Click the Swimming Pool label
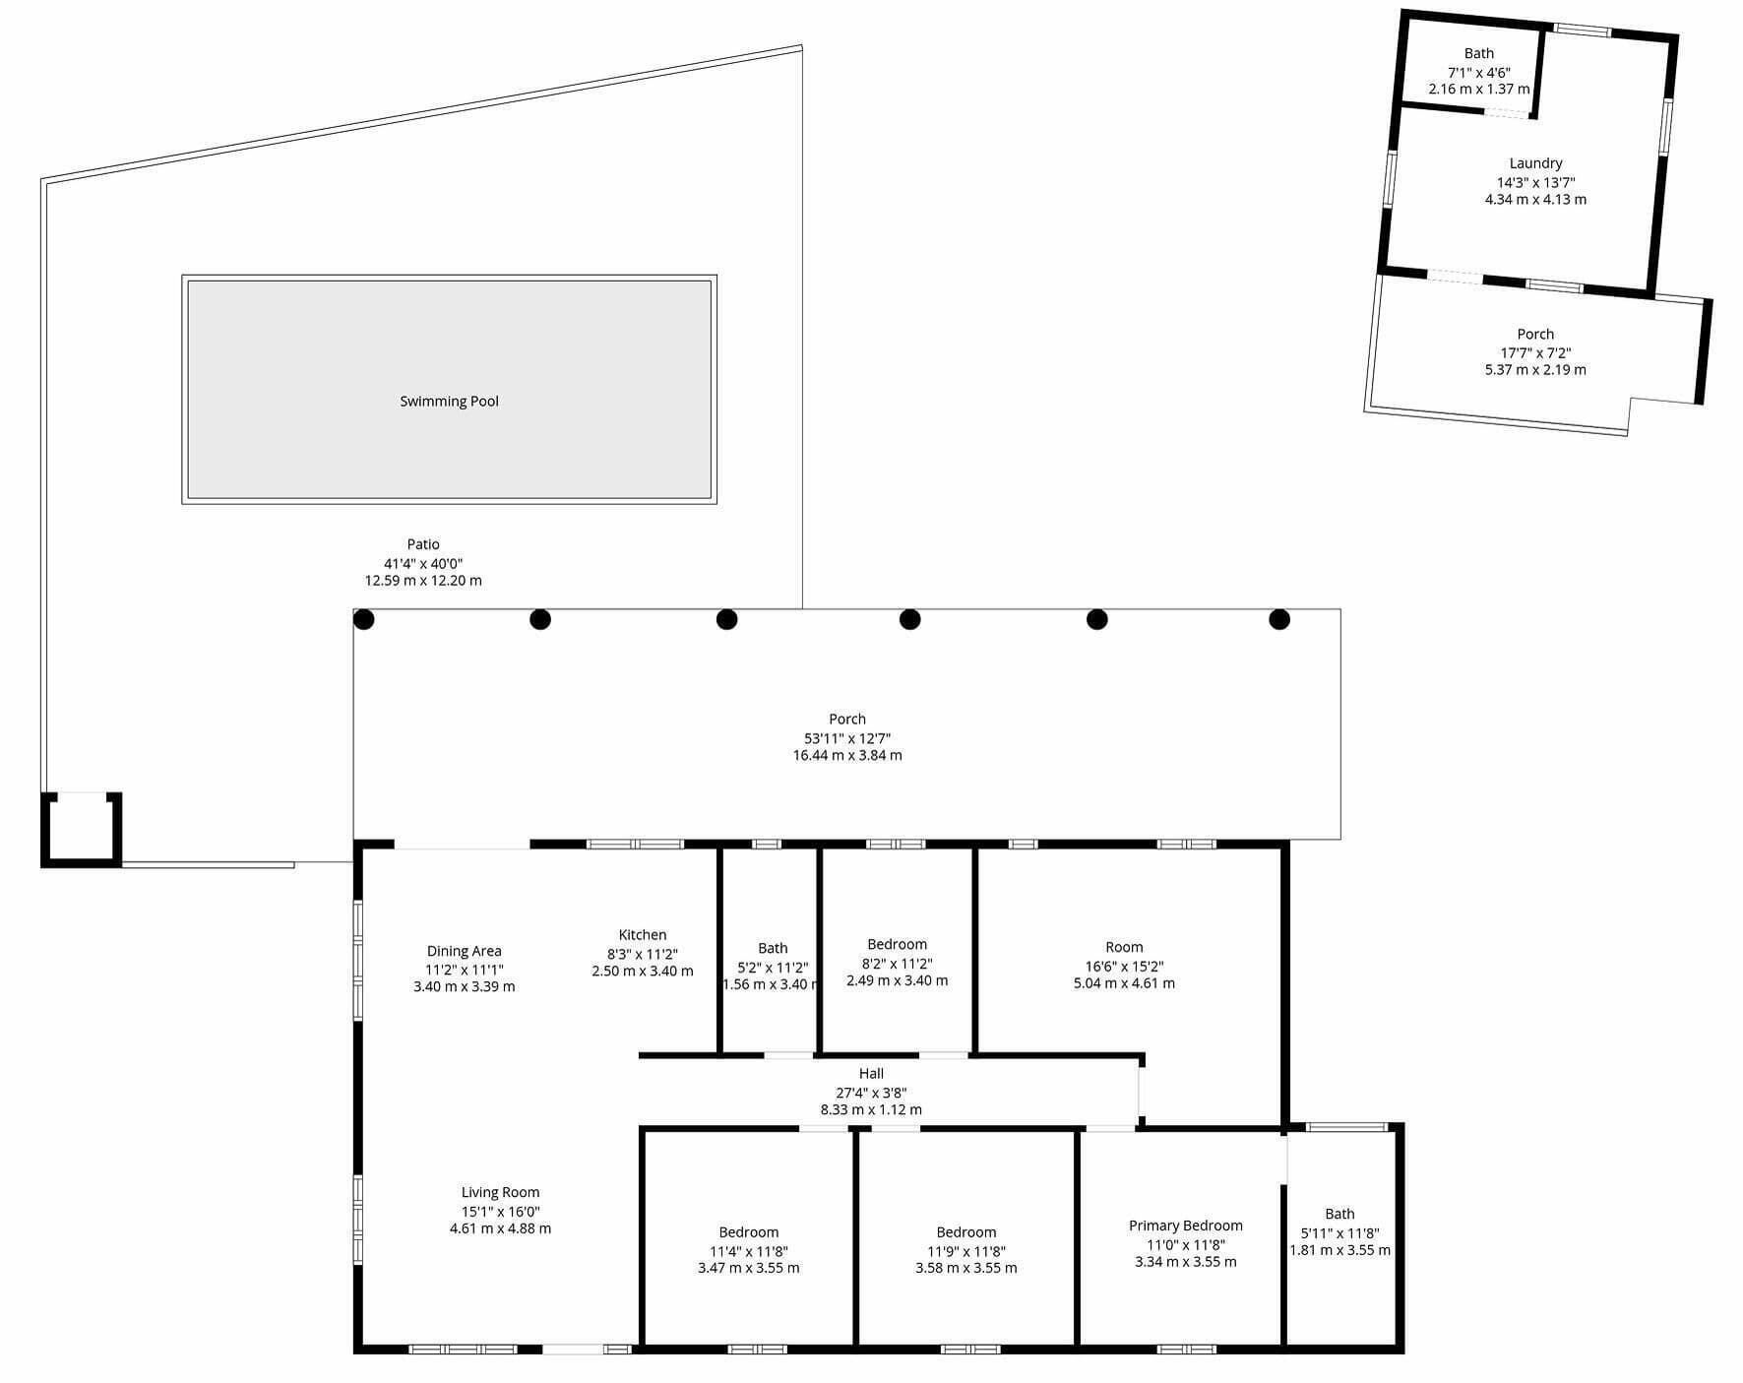click(449, 402)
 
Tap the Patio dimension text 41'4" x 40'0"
click(423, 563)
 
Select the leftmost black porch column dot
click(364, 619)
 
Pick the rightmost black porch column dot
click(1279, 619)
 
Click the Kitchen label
click(643, 935)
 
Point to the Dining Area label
click(465, 951)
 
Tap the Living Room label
click(501, 1192)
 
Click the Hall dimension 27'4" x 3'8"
click(871, 1093)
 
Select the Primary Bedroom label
click(1186, 1226)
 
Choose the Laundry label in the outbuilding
click(1536, 163)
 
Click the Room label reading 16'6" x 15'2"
click(1124, 947)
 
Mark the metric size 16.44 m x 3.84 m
click(847, 756)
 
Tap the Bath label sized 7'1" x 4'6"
click(1479, 54)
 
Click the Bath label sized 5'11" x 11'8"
click(1340, 1215)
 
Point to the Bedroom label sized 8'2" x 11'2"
click(898, 945)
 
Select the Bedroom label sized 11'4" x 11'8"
click(749, 1232)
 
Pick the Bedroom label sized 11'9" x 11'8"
click(966, 1232)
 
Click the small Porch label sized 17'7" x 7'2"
click(1536, 335)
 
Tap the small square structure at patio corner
click(81, 830)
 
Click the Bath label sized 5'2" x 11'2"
click(773, 949)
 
